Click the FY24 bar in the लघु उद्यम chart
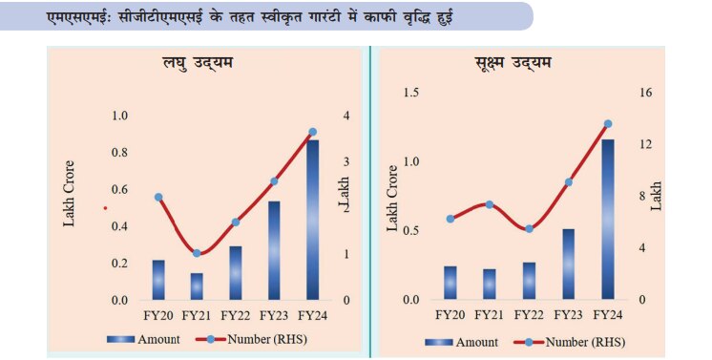point(313,220)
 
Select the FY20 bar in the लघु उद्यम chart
point(158,280)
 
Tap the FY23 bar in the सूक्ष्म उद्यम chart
point(568,264)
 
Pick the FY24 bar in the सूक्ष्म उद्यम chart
point(607,219)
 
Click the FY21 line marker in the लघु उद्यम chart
point(197,253)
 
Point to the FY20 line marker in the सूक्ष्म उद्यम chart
point(450,219)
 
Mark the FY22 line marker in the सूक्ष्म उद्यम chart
point(529,229)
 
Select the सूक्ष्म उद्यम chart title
point(511,64)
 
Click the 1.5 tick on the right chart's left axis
point(411,93)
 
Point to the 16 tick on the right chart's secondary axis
point(646,93)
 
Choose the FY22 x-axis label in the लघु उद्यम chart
point(235,315)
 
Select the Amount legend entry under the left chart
point(148,339)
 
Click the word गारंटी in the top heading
point(321,16)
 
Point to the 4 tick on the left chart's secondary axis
point(346,116)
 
